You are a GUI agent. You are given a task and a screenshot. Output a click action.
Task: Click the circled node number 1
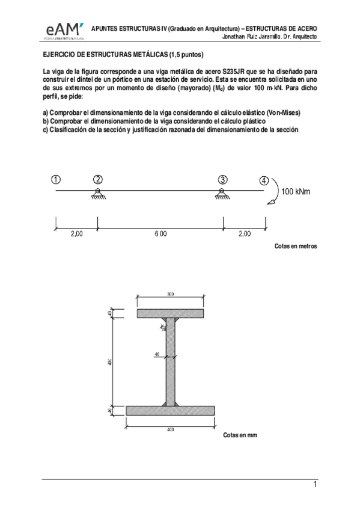pyautogui.click(x=55, y=179)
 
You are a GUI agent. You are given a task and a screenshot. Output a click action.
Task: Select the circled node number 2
pyautogui.click(x=98, y=179)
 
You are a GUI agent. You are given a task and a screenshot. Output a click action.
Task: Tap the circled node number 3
pyautogui.click(x=223, y=179)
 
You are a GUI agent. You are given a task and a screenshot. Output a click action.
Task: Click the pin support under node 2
pyautogui.click(x=96, y=194)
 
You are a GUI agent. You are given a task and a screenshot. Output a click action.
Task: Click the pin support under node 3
pyautogui.click(x=222, y=194)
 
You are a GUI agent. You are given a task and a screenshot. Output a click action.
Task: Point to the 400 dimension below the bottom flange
pyautogui.click(x=170, y=429)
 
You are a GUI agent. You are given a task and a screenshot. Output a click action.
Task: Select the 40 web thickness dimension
pyautogui.click(x=157, y=354)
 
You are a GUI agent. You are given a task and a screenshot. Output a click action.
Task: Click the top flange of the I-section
pyautogui.click(x=170, y=313)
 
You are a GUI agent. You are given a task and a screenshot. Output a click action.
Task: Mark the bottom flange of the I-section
pyautogui.click(x=170, y=410)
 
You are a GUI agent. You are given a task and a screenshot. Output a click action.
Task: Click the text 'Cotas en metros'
pyautogui.click(x=295, y=247)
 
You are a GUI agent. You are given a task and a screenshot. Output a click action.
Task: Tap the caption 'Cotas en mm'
pyautogui.click(x=240, y=434)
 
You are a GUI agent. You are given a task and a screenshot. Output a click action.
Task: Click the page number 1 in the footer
pyautogui.click(x=314, y=484)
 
